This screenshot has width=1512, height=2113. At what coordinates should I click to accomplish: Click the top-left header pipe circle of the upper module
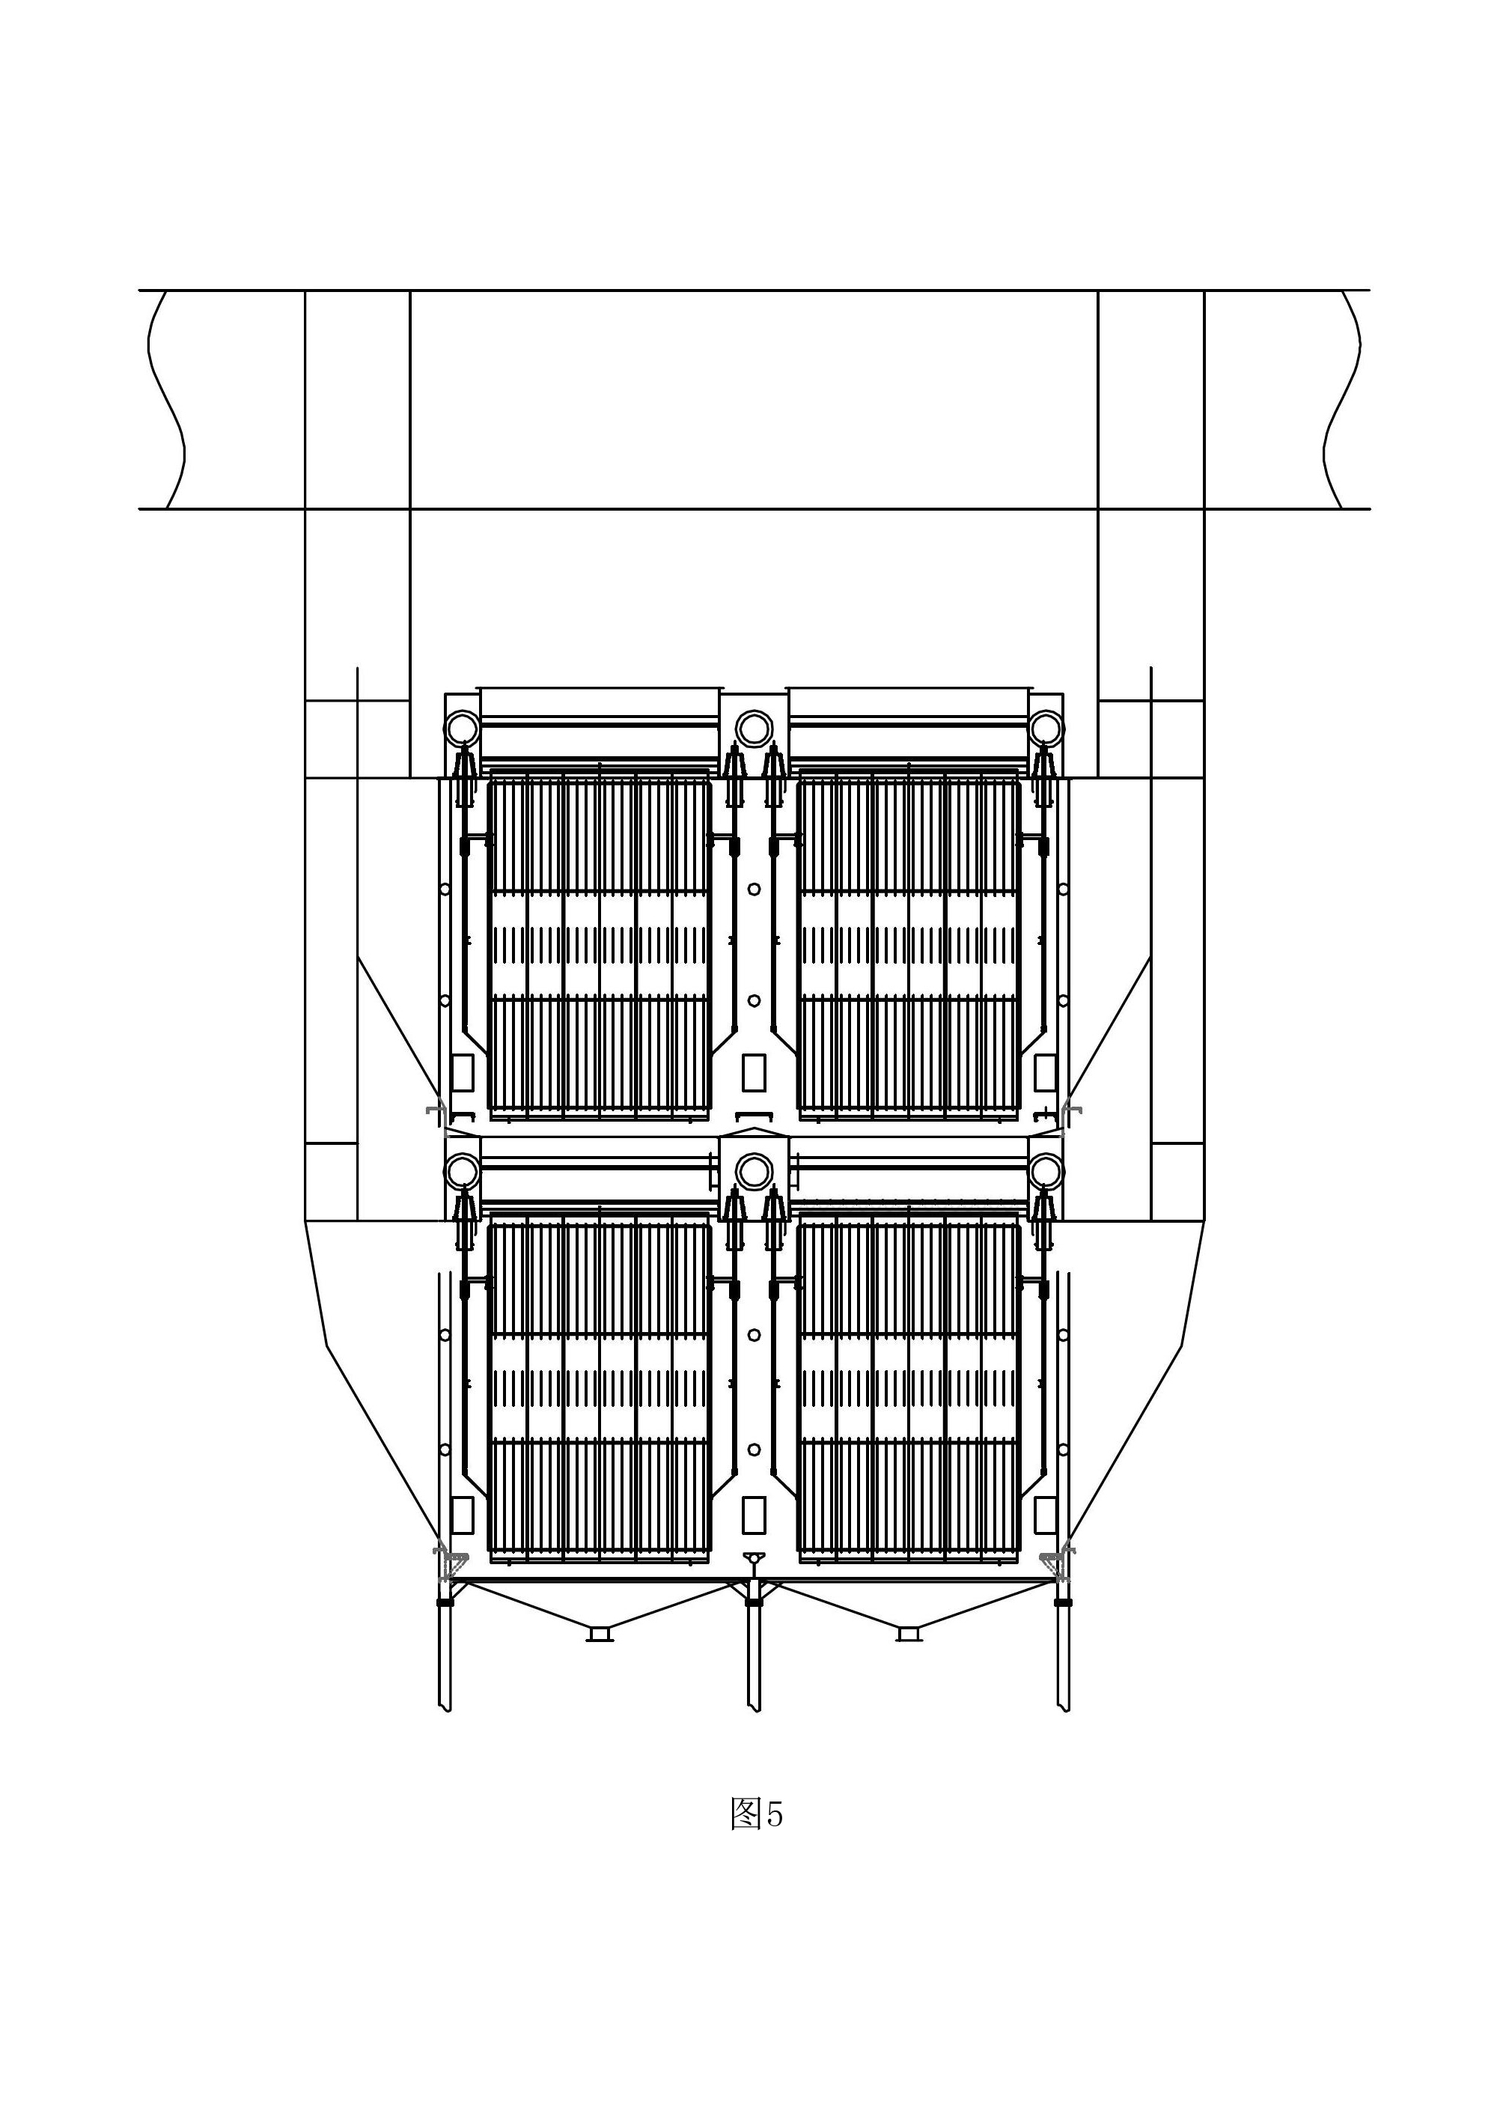point(462,727)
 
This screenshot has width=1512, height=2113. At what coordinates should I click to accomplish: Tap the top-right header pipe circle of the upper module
point(1046,727)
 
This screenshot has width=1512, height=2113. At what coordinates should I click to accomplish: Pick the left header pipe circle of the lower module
point(462,1170)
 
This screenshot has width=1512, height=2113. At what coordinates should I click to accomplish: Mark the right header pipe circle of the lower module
point(1046,1170)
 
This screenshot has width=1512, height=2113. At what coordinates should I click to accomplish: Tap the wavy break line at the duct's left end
point(165,400)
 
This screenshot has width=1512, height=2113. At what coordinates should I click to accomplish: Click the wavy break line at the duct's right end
point(1341,400)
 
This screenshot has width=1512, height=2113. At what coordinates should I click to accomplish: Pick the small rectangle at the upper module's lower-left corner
point(462,1072)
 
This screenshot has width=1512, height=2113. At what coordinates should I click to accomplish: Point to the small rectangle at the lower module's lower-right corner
point(1046,1515)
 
